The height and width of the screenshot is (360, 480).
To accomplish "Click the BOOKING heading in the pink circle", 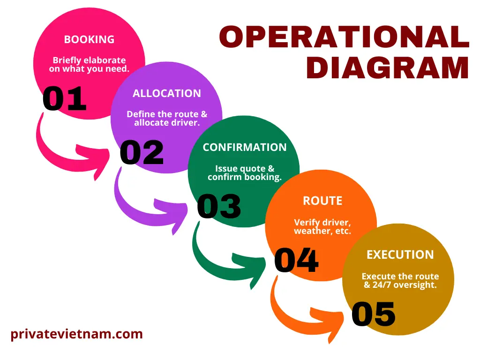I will click(x=89, y=39).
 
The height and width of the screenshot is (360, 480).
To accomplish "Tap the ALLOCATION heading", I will click(x=166, y=93).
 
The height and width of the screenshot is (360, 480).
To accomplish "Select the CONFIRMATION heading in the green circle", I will click(x=244, y=147).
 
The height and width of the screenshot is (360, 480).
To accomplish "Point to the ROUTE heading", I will click(x=322, y=201).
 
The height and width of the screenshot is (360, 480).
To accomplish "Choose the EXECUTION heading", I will click(x=400, y=255).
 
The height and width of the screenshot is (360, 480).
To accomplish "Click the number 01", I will click(x=64, y=98).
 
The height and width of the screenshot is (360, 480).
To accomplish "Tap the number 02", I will click(x=142, y=152).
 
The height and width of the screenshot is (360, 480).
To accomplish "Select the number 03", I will click(x=219, y=206).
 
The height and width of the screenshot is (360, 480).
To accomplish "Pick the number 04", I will click(x=296, y=260).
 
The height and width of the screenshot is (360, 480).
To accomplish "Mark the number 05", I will click(x=374, y=314).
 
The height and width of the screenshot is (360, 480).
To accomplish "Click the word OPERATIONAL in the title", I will click(x=344, y=37).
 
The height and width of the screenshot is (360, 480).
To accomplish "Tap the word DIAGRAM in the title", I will click(x=387, y=68).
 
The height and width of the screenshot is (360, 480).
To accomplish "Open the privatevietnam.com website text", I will click(x=76, y=334).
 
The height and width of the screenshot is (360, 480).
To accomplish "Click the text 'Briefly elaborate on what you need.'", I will click(x=89, y=65).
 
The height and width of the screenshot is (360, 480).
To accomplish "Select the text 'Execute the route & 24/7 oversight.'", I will click(x=400, y=280).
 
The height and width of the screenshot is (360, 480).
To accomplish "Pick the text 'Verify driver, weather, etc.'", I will click(x=322, y=227).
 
